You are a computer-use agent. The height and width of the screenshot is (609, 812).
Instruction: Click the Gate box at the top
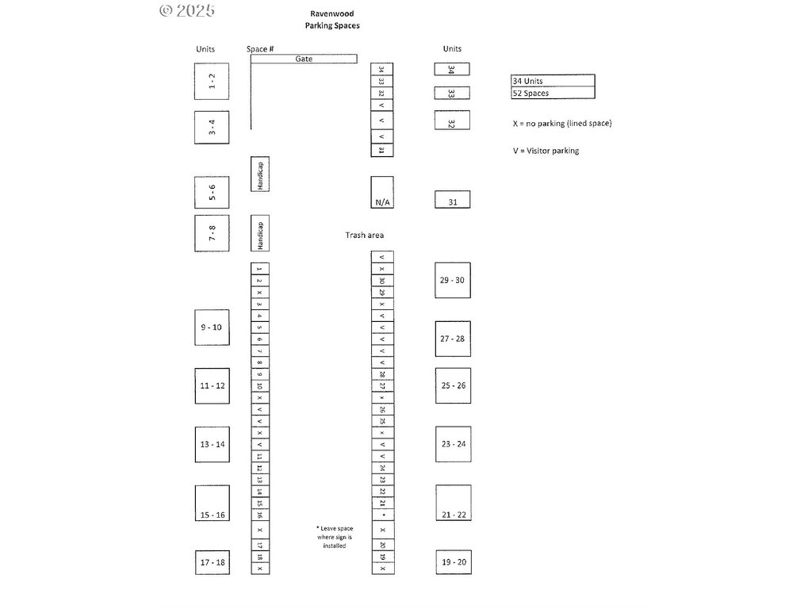[304, 59]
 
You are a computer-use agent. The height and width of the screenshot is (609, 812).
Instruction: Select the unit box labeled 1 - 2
[212, 81]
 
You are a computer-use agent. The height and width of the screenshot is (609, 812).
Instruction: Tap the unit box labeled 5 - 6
[212, 192]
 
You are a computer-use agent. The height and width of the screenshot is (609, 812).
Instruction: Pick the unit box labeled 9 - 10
[212, 327]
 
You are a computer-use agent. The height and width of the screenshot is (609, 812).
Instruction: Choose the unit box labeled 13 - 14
[212, 444]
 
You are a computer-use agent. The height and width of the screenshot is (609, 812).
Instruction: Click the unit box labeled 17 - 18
[212, 562]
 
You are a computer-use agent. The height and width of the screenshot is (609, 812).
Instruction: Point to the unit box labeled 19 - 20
[453, 562]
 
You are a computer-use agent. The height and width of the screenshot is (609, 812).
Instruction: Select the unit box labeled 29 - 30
[453, 280]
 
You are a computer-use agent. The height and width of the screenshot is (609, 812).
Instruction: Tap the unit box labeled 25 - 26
[453, 385]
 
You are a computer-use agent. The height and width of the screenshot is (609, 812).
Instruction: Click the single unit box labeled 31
[453, 199]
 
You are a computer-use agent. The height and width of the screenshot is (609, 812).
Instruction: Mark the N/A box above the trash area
[382, 192]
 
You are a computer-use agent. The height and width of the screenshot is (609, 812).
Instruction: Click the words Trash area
[365, 236]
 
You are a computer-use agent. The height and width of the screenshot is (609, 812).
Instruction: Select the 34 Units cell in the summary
[553, 81]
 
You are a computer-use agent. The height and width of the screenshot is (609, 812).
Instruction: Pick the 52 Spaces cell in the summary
[553, 93]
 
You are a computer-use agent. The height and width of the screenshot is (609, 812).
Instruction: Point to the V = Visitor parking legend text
[546, 151]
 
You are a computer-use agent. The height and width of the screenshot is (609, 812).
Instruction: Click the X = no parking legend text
[562, 124]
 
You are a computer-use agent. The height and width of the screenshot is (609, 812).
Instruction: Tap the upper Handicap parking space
[259, 174]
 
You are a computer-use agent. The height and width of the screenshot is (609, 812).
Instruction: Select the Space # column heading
[260, 49]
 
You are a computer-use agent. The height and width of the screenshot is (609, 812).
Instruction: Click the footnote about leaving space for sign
[335, 537]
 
